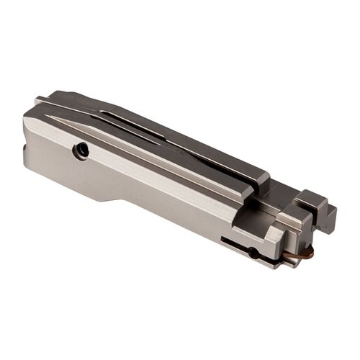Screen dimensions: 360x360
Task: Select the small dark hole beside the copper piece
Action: coord(253,252)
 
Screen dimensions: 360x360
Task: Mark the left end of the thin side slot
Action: coord(223,238)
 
